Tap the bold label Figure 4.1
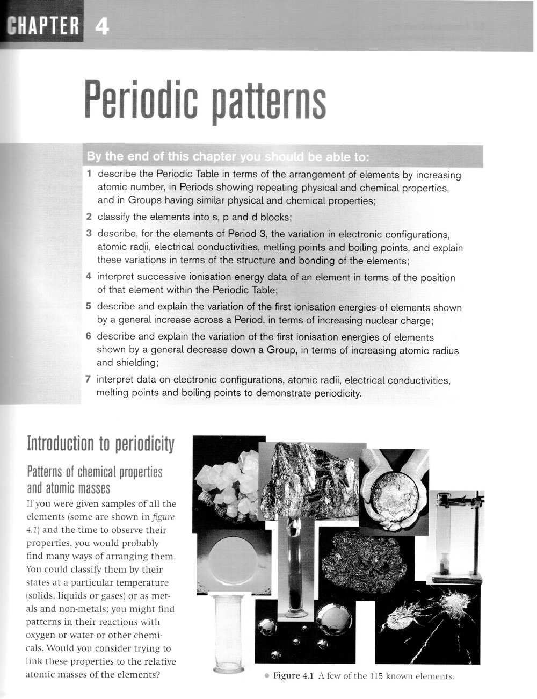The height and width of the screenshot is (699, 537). pyautogui.click(x=293, y=676)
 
